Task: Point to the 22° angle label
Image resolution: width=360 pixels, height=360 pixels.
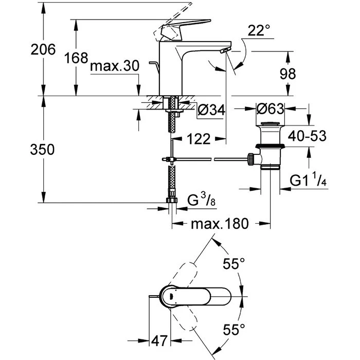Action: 259,31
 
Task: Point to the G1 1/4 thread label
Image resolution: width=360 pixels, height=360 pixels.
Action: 309,181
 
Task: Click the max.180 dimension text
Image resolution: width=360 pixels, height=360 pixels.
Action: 220,224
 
